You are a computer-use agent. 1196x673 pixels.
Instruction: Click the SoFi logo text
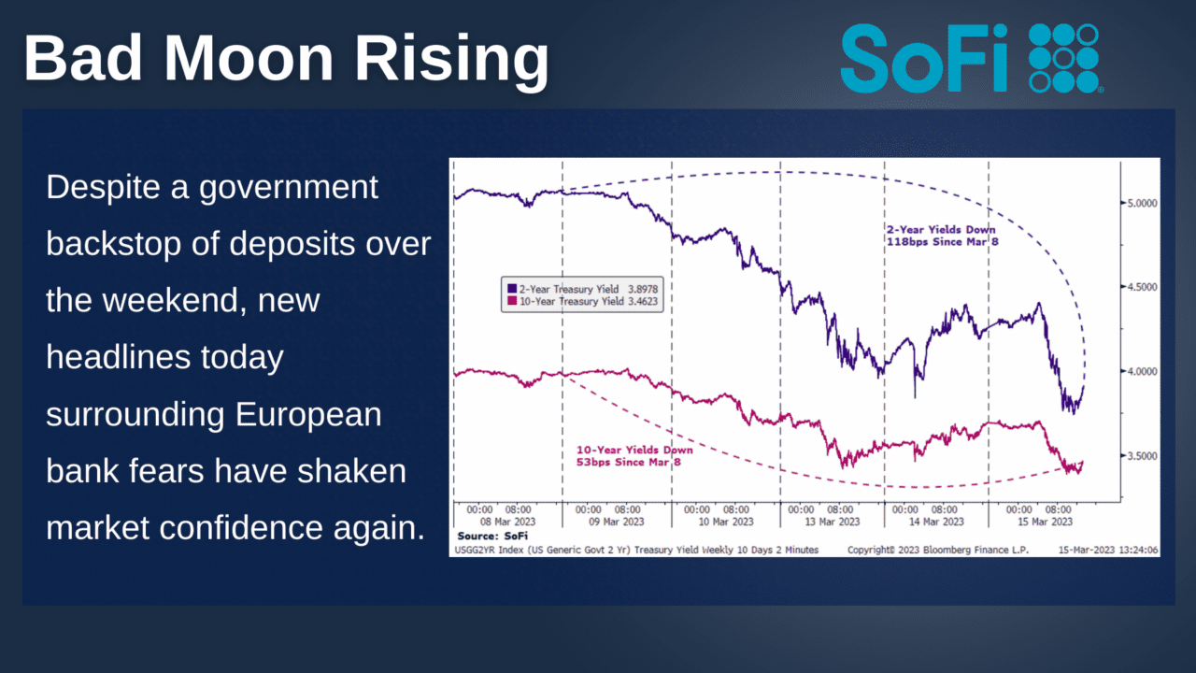[928, 57]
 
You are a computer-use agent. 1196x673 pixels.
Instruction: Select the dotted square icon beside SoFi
[1064, 58]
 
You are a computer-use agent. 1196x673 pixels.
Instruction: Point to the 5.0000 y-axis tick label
[1139, 202]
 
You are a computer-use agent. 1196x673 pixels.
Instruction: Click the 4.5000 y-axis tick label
[1139, 287]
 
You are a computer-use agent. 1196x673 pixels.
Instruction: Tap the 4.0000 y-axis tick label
[1139, 371]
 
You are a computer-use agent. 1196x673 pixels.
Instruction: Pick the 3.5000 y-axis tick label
[1139, 456]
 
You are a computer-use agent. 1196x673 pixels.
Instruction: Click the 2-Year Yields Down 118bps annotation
[941, 236]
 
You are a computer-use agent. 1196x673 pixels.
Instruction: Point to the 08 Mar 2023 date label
[508, 522]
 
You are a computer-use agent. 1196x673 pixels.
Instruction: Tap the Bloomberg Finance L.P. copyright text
[938, 550]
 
